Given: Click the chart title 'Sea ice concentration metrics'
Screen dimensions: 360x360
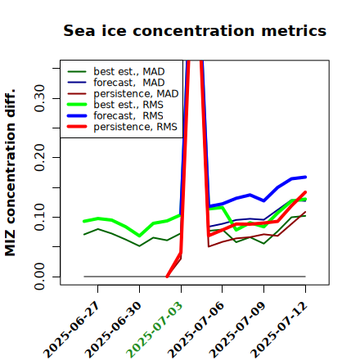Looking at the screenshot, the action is (195, 30).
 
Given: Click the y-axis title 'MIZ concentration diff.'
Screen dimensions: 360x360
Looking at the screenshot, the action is (11, 173).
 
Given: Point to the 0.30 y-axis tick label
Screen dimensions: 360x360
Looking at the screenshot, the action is (40, 98).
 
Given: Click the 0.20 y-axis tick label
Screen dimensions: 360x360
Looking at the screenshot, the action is (40, 158).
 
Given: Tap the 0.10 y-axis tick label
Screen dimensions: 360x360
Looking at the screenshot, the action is (40, 217).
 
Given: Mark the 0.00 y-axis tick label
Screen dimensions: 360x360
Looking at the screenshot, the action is (40, 277).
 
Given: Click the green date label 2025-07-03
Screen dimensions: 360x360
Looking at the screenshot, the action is (155, 330).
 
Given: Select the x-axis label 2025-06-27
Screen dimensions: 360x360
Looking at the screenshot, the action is (71, 330).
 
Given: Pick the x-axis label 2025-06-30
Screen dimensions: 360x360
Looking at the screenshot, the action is (113, 330).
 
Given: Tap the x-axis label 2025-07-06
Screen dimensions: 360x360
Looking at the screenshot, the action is (196, 330).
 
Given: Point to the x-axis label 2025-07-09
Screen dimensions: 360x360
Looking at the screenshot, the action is (237, 330).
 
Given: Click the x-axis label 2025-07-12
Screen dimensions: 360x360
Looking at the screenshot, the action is (279, 330).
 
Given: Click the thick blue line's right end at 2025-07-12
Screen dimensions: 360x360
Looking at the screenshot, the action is (305, 177).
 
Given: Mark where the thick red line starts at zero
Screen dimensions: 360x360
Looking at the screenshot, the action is (167, 277).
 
